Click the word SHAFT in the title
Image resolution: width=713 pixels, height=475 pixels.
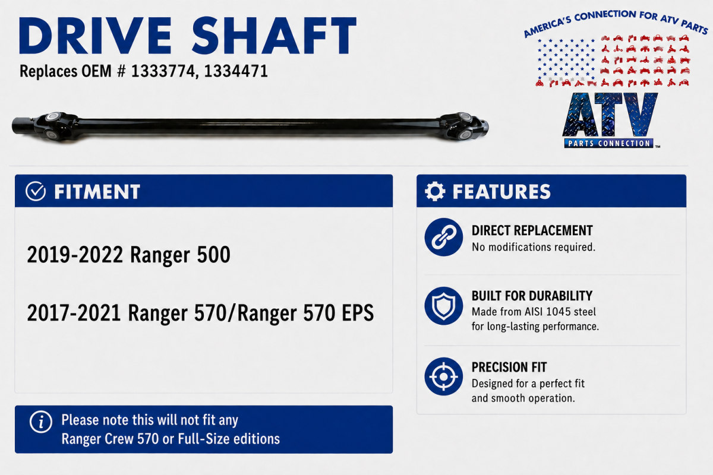274,36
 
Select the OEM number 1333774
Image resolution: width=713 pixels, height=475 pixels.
163,71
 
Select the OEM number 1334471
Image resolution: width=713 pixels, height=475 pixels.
236,71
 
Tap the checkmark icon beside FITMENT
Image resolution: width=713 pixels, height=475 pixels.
36,191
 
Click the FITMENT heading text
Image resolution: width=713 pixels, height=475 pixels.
97,192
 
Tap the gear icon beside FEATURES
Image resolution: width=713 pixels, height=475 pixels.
435,191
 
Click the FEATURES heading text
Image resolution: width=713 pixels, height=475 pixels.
501,192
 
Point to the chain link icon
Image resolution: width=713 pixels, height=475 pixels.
444,237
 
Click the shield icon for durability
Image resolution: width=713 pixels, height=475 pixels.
444,306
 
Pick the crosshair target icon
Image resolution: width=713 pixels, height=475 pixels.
444,376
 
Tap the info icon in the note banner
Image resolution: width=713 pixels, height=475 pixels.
41,422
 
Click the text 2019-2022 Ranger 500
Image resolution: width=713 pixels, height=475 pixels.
128,255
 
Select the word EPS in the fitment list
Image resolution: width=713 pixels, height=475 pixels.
358,313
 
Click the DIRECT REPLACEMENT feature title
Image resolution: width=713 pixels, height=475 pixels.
532,230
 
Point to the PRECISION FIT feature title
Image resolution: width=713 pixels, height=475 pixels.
509,367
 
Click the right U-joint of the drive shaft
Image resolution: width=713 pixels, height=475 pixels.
460,126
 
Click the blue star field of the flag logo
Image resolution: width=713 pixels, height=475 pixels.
566,59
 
